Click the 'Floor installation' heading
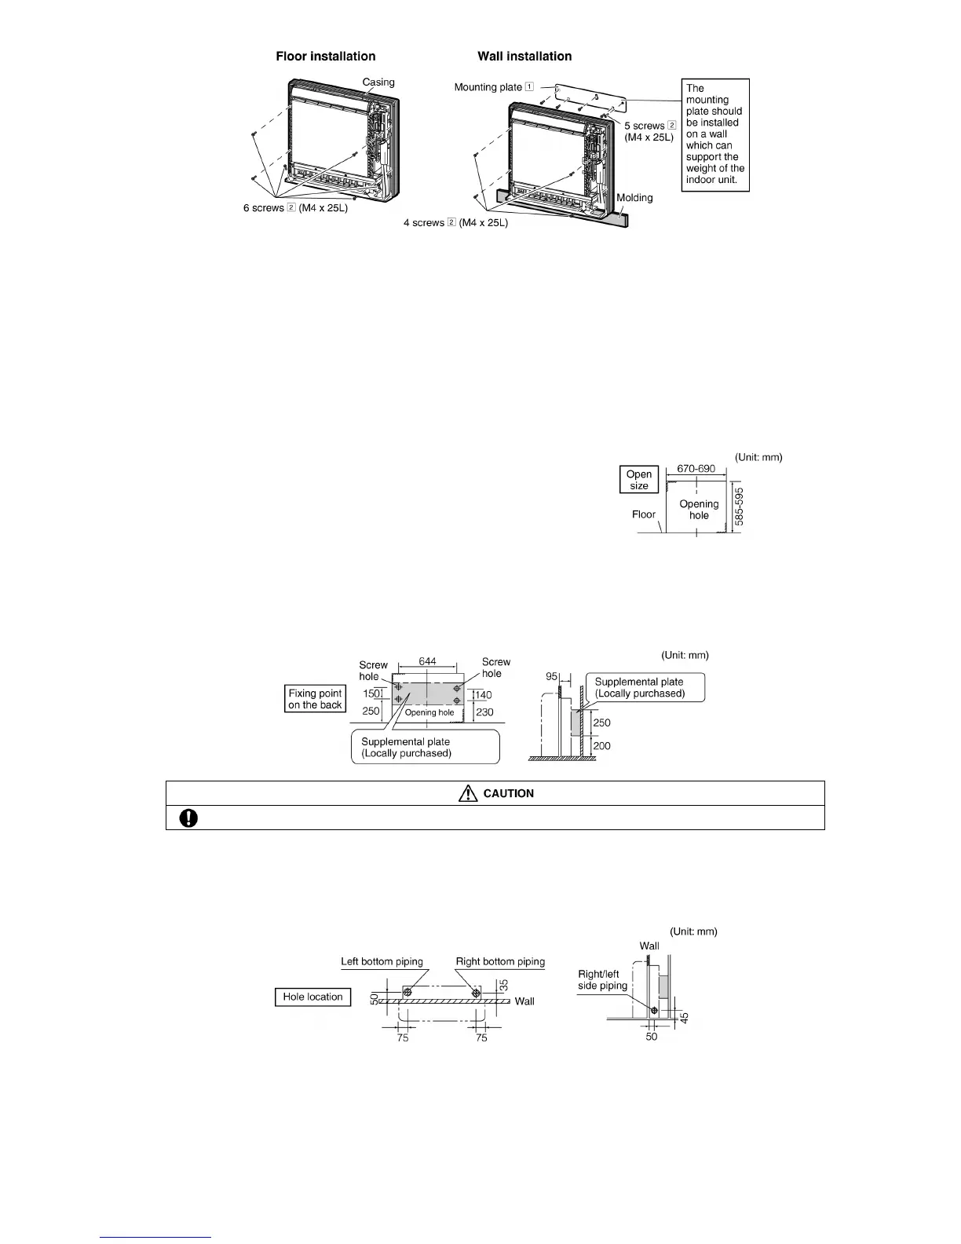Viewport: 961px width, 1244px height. coord(325,57)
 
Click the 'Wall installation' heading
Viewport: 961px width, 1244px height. coord(524,57)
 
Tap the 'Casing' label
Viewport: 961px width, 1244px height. coord(378,82)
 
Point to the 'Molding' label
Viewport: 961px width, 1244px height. coord(634,198)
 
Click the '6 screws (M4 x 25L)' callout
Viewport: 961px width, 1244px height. coord(295,208)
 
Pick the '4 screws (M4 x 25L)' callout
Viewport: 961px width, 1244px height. coord(455,223)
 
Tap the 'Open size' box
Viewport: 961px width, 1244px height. coord(639,480)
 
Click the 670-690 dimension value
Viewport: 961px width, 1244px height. coord(696,469)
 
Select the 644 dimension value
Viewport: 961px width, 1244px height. coord(427,661)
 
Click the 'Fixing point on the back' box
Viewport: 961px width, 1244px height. coord(315,699)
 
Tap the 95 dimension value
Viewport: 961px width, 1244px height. coord(552,676)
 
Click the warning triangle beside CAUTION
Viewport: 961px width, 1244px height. coord(468,793)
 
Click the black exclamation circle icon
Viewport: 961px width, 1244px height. coord(188,818)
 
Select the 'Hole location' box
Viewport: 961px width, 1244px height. coord(312,997)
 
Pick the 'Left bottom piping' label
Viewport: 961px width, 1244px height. coord(382,961)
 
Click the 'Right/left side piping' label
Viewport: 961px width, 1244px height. coord(602,979)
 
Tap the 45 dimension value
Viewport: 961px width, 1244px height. coord(685,1018)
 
